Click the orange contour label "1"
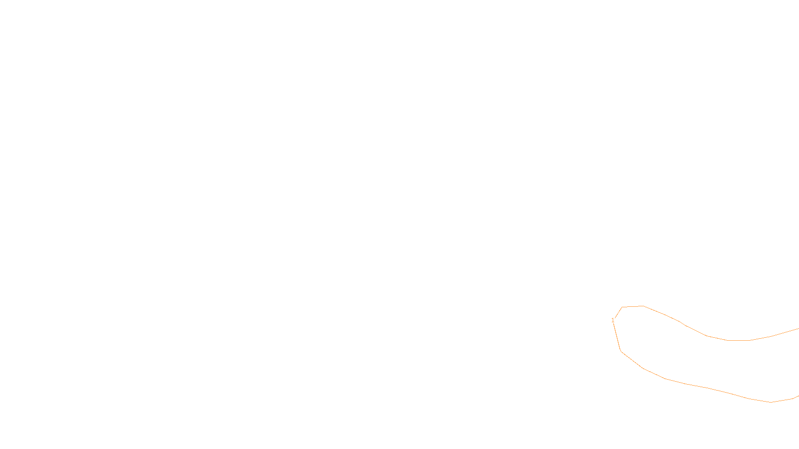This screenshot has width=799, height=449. click(613, 320)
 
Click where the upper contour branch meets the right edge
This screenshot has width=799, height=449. click(798, 329)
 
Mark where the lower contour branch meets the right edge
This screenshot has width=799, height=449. click(798, 396)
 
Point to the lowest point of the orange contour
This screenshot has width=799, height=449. click(771, 402)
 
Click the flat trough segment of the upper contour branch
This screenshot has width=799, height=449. click(738, 340)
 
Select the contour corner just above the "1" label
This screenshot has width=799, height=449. click(622, 307)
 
